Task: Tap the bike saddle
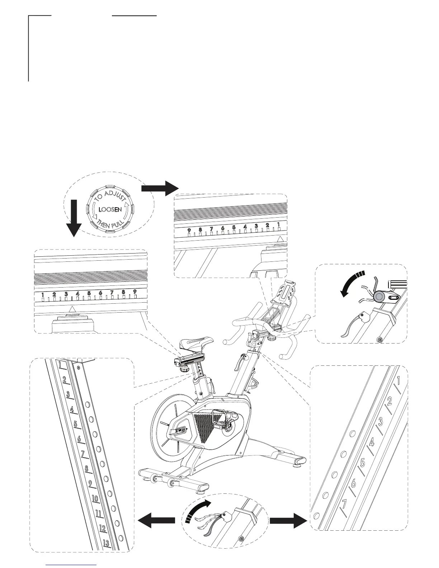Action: point(197,344)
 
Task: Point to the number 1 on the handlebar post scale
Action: point(399,379)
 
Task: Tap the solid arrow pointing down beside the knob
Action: point(74,218)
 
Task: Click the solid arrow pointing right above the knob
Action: point(160,188)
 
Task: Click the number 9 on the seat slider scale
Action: point(135,292)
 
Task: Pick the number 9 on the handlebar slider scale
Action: point(189,230)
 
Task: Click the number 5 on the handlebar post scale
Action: point(363,463)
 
